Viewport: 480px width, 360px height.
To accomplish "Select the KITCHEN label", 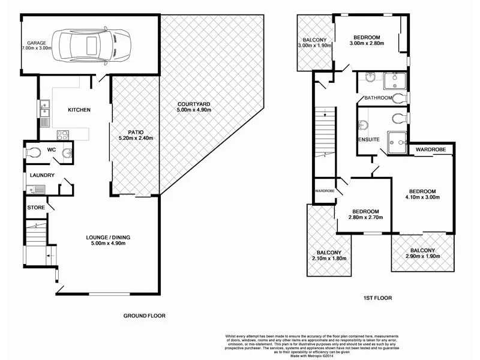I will point(79,110).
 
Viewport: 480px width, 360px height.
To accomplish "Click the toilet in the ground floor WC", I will point(35,152).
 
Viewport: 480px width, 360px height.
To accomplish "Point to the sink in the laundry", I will point(38,190).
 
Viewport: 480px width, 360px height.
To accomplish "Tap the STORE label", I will point(35,208).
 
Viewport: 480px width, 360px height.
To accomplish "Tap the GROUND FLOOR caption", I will point(144,316).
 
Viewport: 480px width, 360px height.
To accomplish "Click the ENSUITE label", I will point(369,139).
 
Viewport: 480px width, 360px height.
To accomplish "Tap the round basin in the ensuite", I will point(363,125).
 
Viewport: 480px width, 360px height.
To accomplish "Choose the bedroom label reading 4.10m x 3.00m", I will point(422,196).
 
